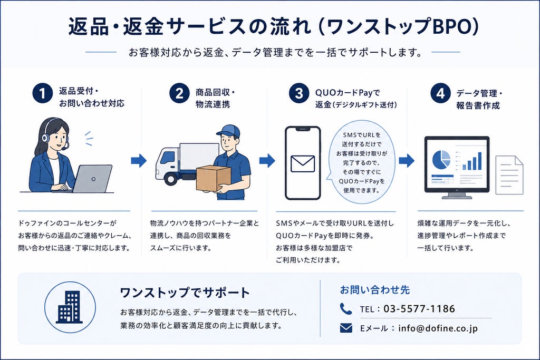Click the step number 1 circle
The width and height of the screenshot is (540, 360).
[x=43, y=93]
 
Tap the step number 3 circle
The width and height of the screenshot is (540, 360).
[x=299, y=93]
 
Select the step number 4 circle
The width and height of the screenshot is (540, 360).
[x=440, y=93]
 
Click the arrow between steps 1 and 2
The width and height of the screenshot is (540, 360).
[x=139, y=160]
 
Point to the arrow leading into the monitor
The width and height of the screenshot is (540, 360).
[x=407, y=160]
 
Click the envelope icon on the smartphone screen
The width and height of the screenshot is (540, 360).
[x=303, y=164]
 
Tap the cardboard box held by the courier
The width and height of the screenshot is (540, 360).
[x=213, y=178]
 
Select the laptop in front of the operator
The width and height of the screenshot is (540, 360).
[x=92, y=179]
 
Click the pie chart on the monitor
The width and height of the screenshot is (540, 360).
[x=441, y=160]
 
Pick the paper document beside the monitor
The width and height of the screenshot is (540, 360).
[x=509, y=175]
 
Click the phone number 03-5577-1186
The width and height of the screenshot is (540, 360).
[x=419, y=309]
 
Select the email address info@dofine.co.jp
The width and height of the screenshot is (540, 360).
[x=438, y=328]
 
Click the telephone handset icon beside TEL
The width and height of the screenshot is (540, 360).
[x=346, y=309]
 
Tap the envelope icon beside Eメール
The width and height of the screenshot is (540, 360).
[x=346, y=328]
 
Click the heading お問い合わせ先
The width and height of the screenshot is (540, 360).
[x=375, y=290]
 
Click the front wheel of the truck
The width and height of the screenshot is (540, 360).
[x=171, y=179]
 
